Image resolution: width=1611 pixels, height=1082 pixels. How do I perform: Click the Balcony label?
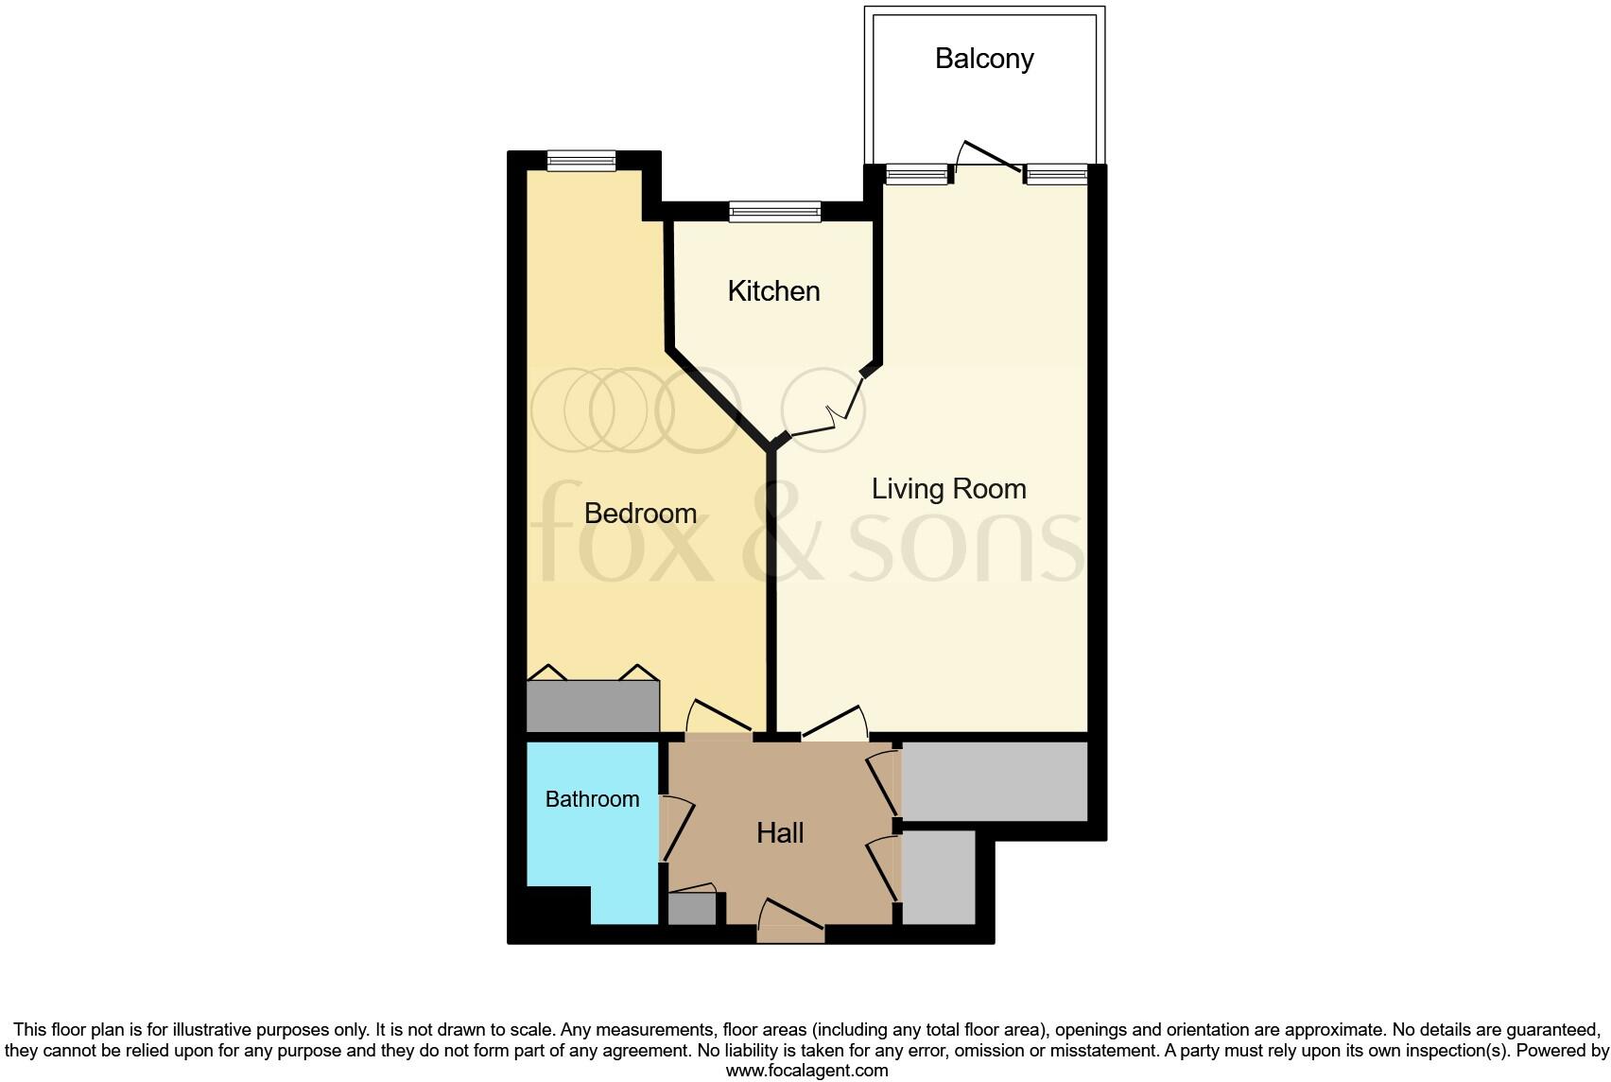click(x=984, y=59)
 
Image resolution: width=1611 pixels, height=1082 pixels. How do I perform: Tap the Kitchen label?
click(x=773, y=291)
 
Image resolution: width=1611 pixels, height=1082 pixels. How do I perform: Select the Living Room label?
click(x=948, y=489)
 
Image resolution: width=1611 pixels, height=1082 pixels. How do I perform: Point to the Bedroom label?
click(x=640, y=514)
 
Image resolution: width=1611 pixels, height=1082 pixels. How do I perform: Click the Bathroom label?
click(x=592, y=799)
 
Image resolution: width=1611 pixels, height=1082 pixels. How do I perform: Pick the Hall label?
click(x=780, y=833)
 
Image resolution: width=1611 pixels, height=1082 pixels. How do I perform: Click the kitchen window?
click(x=774, y=212)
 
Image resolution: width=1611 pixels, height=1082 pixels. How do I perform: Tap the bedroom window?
click(x=580, y=162)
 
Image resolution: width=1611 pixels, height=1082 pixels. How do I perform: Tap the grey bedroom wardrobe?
click(x=592, y=706)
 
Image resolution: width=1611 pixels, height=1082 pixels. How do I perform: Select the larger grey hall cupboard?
click(x=994, y=781)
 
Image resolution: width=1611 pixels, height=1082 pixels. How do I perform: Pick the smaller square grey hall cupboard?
click(x=938, y=877)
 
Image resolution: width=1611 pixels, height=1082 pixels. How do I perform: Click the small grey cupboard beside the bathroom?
click(x=692, y=909)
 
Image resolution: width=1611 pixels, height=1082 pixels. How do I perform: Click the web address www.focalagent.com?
click(x=806, y=1071)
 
